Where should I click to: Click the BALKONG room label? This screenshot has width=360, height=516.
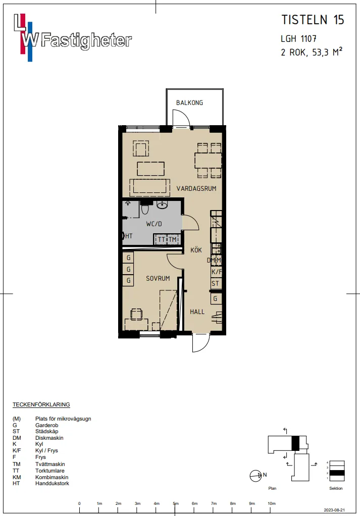pyautogui.click(x=189, y=102)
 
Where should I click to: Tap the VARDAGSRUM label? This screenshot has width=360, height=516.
pyautogui.click(x=196, y=188)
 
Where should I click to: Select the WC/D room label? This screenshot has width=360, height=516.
pyautogui.click(x=154, y=224)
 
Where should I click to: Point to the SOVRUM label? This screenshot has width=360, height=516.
pyautogui.click(x=158, y=278)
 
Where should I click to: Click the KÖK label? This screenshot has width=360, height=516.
pyautogui.click(x=196, y=250)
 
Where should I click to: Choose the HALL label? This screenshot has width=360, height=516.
pyautogui.click(x=197, y=312)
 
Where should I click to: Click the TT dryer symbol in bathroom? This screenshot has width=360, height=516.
pyautogui.click(x=161, y=239)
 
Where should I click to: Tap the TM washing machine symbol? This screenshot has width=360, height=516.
pyautogui.click(x=173, y=239)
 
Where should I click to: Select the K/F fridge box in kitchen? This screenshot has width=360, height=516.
pyautogui.click(x=216, y=272)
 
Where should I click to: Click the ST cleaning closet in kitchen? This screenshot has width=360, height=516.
pyautogui.click(x=216, y=283)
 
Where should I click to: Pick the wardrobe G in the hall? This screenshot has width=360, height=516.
pyautogui.click(x=216, y=299)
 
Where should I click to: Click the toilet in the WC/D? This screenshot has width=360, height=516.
pyautogui.click(x=145, y=209)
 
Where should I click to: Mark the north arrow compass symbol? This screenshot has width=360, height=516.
pyautogui.click(x=256, y=476)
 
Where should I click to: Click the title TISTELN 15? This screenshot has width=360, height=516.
pyautogui.click(x=313, y=20)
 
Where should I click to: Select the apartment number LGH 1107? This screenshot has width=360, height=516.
pyautogui.click(x=298, y=39)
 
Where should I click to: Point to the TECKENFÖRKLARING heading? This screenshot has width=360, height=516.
pyautogui.click(x=41, y=404)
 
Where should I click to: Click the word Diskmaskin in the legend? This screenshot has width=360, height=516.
pyautogui.click(x=49, y=438)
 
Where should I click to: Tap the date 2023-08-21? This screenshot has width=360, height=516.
pyautogui.click(x=334, y=510)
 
